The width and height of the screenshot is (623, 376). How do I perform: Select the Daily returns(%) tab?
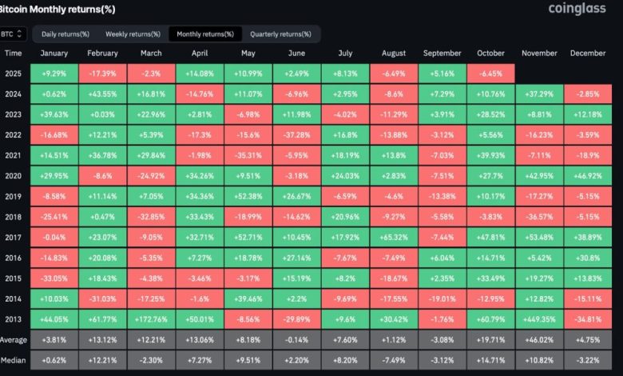(x=65, y=34)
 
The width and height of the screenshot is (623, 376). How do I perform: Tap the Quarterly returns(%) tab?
(x=280, y=34)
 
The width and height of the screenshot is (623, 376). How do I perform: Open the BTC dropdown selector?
(x=14, y=34)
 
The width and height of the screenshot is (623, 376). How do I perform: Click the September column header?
(x=443, y=54)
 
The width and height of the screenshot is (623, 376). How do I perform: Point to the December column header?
(x=589, y=54)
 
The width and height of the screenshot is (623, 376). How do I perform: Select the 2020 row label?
(x=14, y=172)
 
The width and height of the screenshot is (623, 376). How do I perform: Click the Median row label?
(x=14, y=362)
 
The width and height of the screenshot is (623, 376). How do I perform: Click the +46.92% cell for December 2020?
(x=589, y=172)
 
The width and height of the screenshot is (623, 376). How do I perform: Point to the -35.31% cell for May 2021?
(x=248, y=153)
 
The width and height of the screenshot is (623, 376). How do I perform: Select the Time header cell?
(x=14, y=54)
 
